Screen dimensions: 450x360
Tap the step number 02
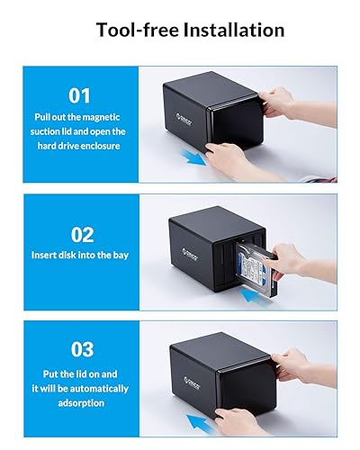[x=82, y=235]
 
